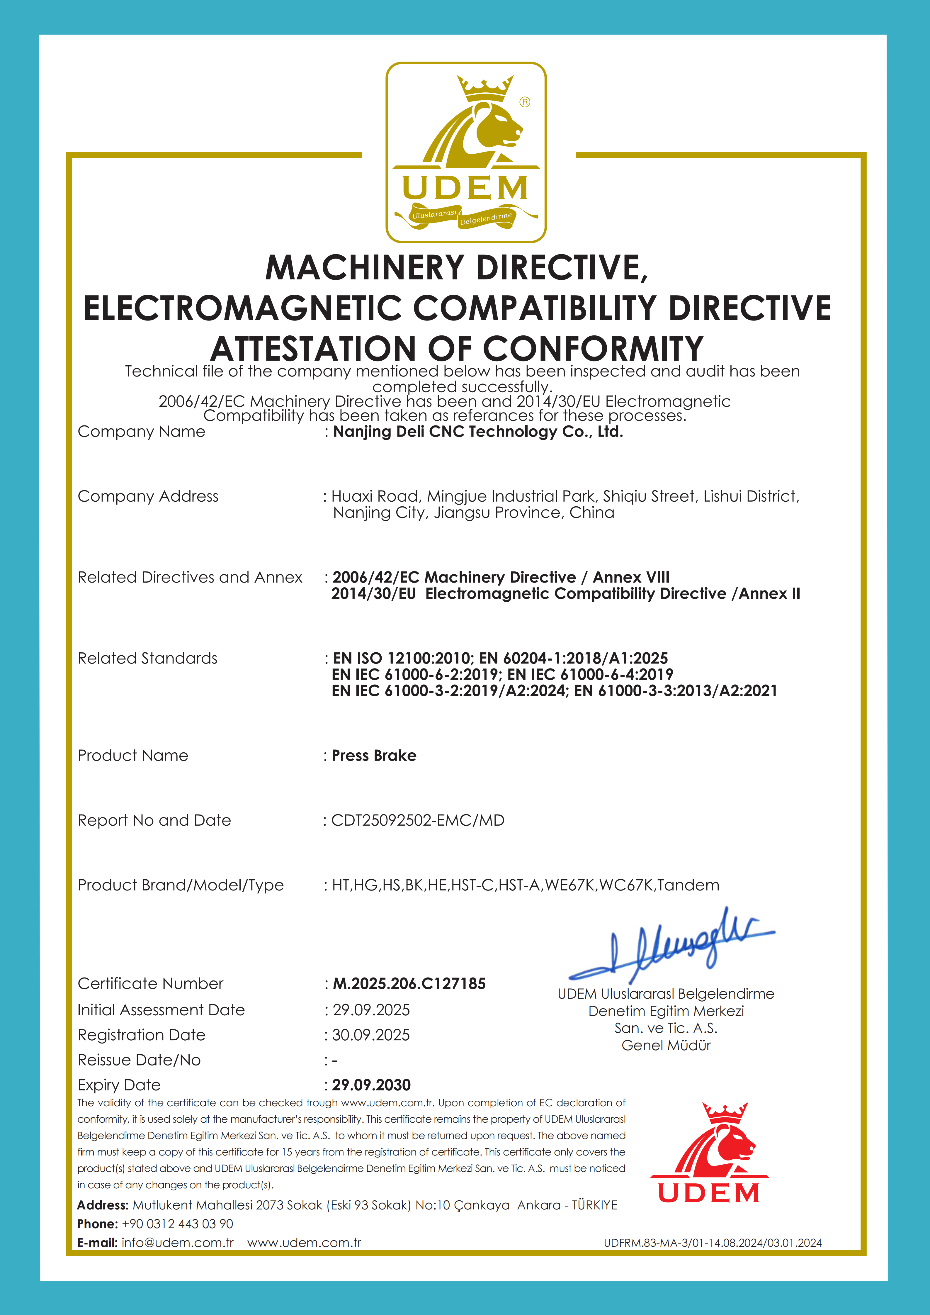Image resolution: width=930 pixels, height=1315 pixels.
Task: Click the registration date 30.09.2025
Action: point(371,1035)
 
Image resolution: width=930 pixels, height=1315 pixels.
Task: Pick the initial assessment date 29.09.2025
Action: point(371,1010)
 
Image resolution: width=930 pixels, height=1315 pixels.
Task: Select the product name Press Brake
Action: point(374,756)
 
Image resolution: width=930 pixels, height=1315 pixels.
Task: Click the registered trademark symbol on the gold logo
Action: point(525,102)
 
